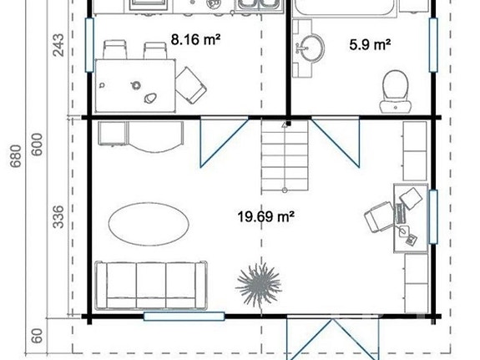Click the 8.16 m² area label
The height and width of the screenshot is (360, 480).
click(x=195, y=39)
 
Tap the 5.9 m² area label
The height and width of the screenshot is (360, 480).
click(x=370, y=45)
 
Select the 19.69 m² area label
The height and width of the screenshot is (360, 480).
click(x=266, y=216)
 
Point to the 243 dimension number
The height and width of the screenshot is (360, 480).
click(x=58, y=45)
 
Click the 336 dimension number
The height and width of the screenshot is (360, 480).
click(x=58, y=217)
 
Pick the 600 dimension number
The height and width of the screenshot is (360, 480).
click(x=37, y=145)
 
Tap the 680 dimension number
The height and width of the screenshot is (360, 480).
click(x=16, y=156)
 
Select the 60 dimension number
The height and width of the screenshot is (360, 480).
click(x=37, y=336)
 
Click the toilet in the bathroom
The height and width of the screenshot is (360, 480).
click(x=395, y=91)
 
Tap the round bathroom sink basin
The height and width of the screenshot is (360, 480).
click(x=311, y=48)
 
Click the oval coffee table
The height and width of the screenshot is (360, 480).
click(x=149, y=224)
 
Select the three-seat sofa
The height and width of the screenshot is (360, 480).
click(x=151, y=285)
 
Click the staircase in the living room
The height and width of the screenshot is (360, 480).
click(x=285, y=156)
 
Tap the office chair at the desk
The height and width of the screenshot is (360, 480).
click(x=379, y=216)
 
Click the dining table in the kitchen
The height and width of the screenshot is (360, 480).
click(x=135, y=86)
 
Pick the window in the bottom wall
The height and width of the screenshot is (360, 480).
click(x=184, y=317)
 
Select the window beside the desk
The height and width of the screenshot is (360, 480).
click(x=433, y=217)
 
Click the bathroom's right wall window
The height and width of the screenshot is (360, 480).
click(x=433, y=45)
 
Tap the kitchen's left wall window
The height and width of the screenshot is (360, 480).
click(x=89, y=45)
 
